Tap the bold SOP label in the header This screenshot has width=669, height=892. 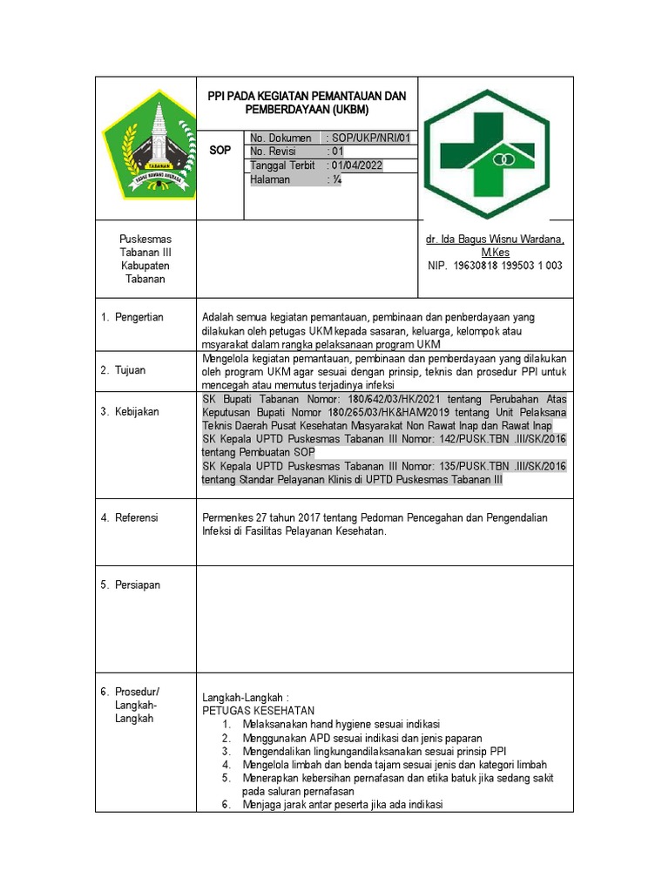220,151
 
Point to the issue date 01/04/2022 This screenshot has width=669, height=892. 356,166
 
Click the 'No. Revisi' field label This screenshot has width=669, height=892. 274,152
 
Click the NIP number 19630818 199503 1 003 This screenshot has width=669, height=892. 494,266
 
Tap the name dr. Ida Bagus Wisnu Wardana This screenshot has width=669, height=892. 494,240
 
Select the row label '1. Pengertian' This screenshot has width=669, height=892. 137,317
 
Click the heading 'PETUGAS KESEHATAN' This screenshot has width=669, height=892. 258,710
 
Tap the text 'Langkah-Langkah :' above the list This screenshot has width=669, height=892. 245,698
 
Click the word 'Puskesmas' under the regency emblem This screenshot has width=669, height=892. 145,240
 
